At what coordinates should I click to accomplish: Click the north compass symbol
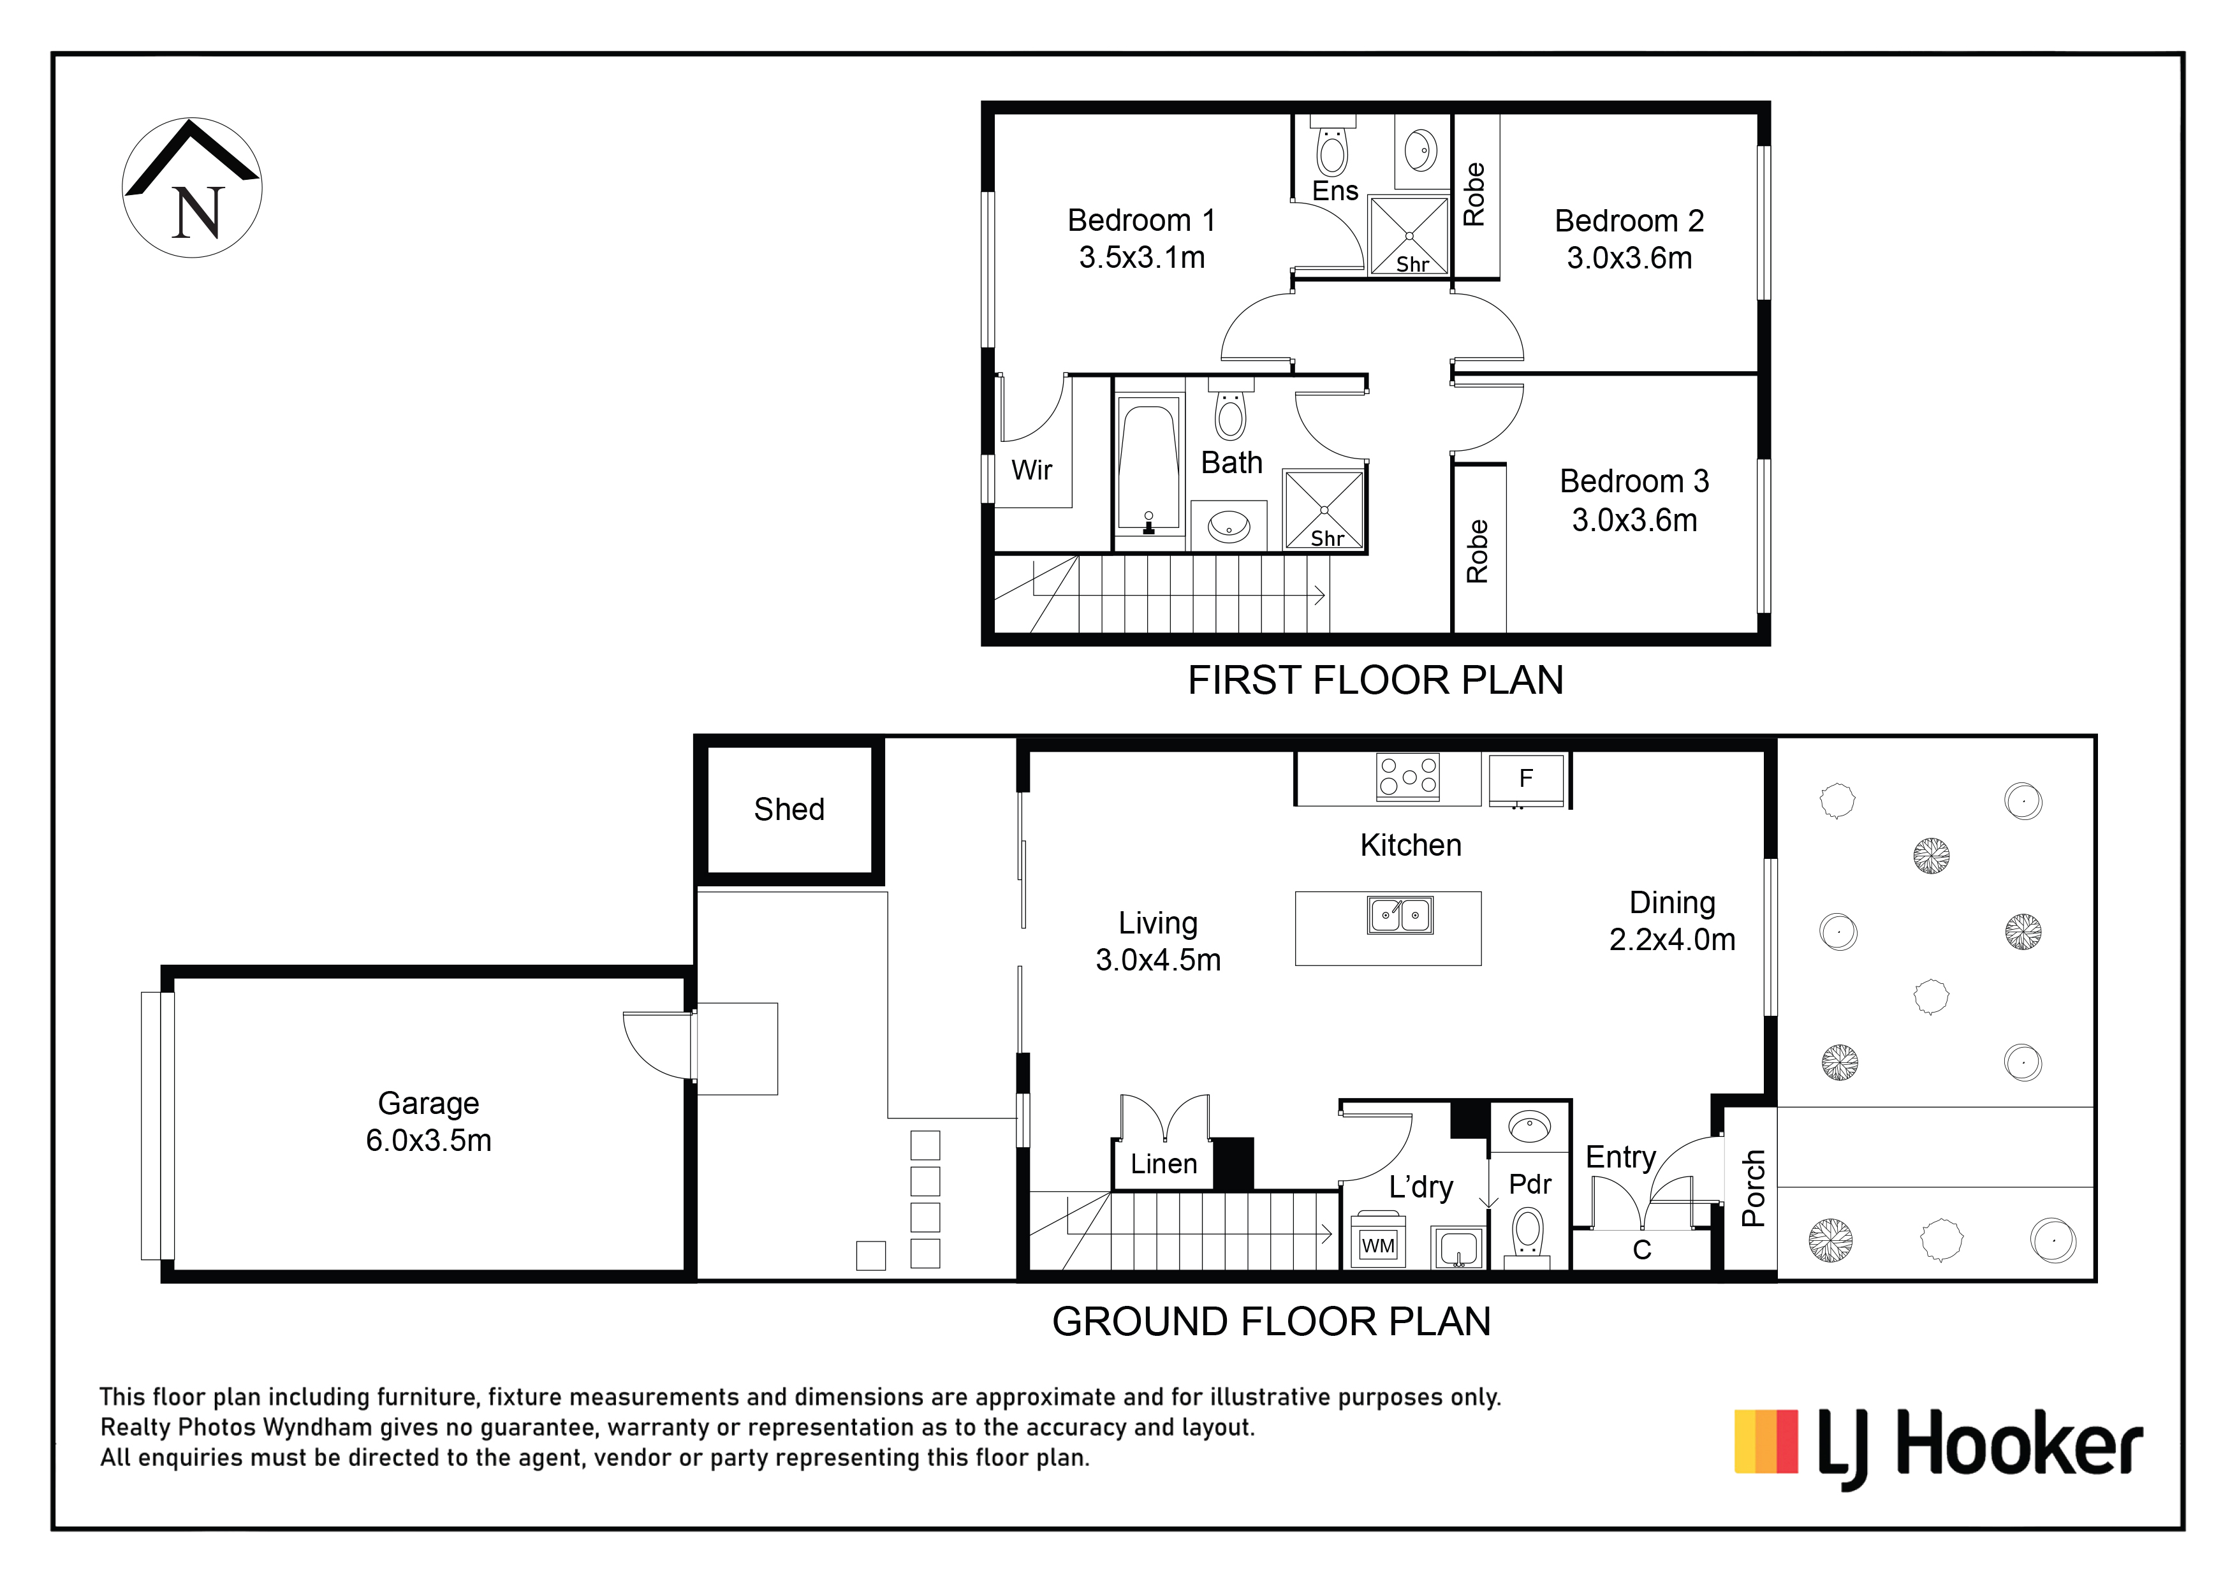[192, 188]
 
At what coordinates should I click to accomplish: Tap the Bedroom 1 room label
[1141, 220]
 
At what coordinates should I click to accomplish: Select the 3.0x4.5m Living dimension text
[1157, 960]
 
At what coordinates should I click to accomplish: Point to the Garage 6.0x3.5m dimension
[429, 1139]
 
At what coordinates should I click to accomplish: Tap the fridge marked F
[1527, 779]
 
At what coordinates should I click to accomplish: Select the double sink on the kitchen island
[1401, 916]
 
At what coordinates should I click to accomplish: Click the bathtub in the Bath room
[1150, 465]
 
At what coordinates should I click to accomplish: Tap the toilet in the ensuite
[1332, 145]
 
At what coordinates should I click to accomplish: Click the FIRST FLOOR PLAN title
[1375, 680]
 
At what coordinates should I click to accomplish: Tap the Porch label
[1753, 1189]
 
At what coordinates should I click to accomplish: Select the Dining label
[1672, 902]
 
